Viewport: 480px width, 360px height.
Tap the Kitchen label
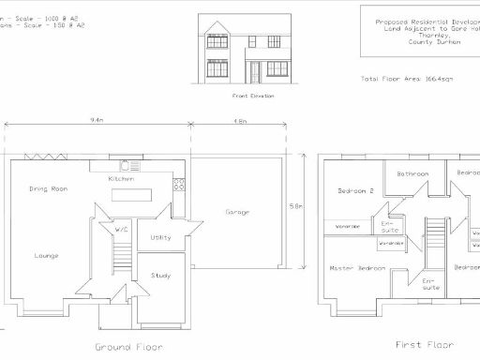click(x=121, y=178)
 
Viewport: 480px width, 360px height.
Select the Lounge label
click(x=48, y=255)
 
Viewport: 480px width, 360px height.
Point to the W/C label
click(x=121, y=230)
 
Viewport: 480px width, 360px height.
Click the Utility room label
click(x=160, y=237)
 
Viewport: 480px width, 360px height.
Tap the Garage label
click(x=237, y=213)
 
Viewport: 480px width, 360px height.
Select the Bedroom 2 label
click(x=356, y=191)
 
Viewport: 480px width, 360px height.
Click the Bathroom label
click(x=412, y=174)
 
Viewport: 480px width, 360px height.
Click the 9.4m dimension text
click(x=96, y=121)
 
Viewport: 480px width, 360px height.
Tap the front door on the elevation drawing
click(x=252, y=72)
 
